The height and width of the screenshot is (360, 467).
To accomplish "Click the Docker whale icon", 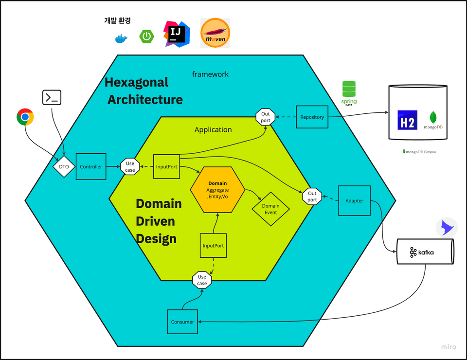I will pos(121,38).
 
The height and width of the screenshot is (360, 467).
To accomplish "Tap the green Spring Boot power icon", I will pos(146,36).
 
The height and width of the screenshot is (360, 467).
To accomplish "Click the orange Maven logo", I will pos(215,33).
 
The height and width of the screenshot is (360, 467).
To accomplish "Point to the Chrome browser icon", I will pos(25,117).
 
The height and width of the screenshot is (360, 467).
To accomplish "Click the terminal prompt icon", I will pos(52,98).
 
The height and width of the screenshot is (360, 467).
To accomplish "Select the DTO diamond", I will pos(63,167).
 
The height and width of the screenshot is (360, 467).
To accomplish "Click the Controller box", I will pos(91,167).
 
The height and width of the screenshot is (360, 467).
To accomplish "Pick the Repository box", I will pos(312,117).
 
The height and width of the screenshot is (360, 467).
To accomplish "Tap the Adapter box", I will pos(354,200).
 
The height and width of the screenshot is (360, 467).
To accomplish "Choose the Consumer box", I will pos(182,322).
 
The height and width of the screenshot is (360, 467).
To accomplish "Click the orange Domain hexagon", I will pos(217,190).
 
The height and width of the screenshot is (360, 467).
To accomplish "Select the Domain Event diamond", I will pos(270,209).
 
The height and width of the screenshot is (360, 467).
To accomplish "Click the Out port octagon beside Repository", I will pos(266,117).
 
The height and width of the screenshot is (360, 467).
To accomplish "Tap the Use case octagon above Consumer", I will pos(202,280).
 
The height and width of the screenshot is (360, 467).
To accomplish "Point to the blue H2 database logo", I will pos(407,120).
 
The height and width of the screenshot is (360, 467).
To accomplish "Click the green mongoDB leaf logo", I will pos(433,117).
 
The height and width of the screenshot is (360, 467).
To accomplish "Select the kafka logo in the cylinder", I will pos(421,252).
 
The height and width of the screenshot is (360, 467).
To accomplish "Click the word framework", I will pos(210,74).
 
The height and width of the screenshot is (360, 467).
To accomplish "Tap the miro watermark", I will pos(449,347).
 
